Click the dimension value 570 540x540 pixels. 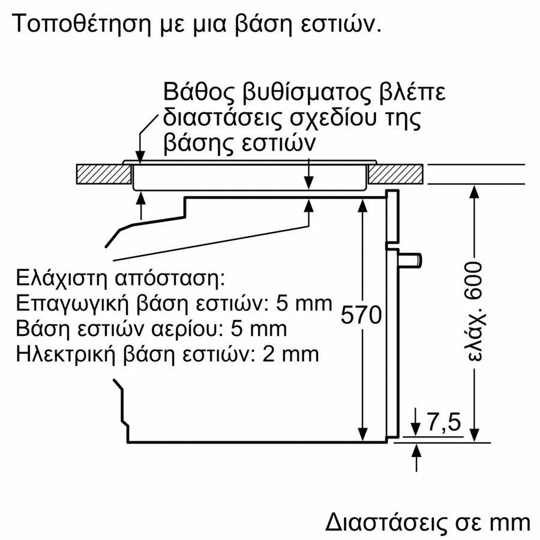(361, 315)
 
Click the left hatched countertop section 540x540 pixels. (104, 174)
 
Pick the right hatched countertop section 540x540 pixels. (395, 174)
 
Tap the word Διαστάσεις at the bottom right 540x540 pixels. (386, 523)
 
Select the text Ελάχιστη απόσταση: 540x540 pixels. (120, 278)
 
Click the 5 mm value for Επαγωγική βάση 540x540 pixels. (304, 303)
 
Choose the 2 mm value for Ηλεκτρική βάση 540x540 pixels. (290, 353)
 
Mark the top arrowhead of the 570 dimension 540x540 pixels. (362, 205)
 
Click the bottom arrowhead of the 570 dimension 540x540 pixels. (362, 434)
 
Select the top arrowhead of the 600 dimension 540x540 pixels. (475, 191)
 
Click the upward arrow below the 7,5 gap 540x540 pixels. (417, 458)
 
